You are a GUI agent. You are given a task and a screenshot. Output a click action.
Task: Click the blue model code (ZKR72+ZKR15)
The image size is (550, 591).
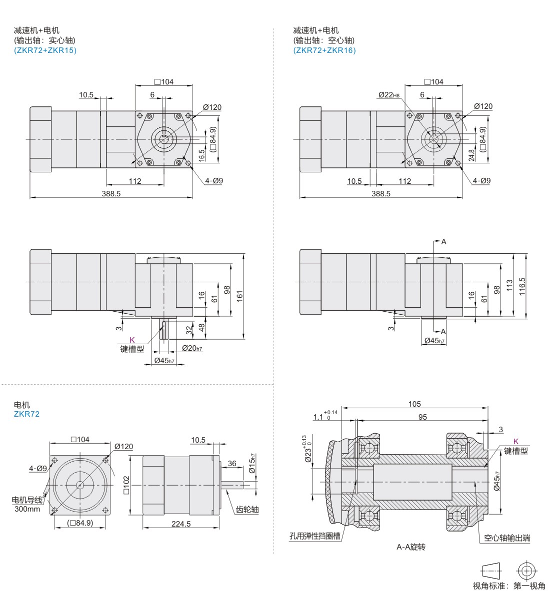tap(45, 50)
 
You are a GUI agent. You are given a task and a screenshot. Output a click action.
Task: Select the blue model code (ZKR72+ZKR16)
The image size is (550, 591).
tap(324, 50)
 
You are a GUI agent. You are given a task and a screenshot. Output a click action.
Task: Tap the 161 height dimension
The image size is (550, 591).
tap(239, 296)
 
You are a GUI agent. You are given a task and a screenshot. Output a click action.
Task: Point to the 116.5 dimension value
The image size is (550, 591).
tap(522, 286)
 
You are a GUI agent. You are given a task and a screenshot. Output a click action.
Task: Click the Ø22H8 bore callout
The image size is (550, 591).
tap(389, 94)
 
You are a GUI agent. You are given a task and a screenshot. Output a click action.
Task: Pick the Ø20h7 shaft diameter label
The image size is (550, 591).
tap(192, 348)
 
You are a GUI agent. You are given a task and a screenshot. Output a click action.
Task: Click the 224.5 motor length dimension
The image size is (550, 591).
tap(181, 524)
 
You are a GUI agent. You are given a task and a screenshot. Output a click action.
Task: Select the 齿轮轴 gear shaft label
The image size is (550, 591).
tap(247, 510)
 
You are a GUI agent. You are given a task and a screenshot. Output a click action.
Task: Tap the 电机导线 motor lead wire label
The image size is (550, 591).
tap(27, 500)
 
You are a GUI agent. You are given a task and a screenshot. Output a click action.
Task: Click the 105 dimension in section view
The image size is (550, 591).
tap(414, 404)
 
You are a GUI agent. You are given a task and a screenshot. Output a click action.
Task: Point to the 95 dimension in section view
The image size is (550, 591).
tap(422, 417)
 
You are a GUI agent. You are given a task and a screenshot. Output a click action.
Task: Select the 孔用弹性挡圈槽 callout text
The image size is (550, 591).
tap(315, 536)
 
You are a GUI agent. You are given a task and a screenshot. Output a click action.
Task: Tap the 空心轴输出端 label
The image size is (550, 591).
tap(507, 538)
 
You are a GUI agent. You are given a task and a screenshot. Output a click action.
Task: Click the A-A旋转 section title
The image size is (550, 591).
tap(411, 547)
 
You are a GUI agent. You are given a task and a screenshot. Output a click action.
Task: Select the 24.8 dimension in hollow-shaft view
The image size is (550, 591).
tap(471, 155)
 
